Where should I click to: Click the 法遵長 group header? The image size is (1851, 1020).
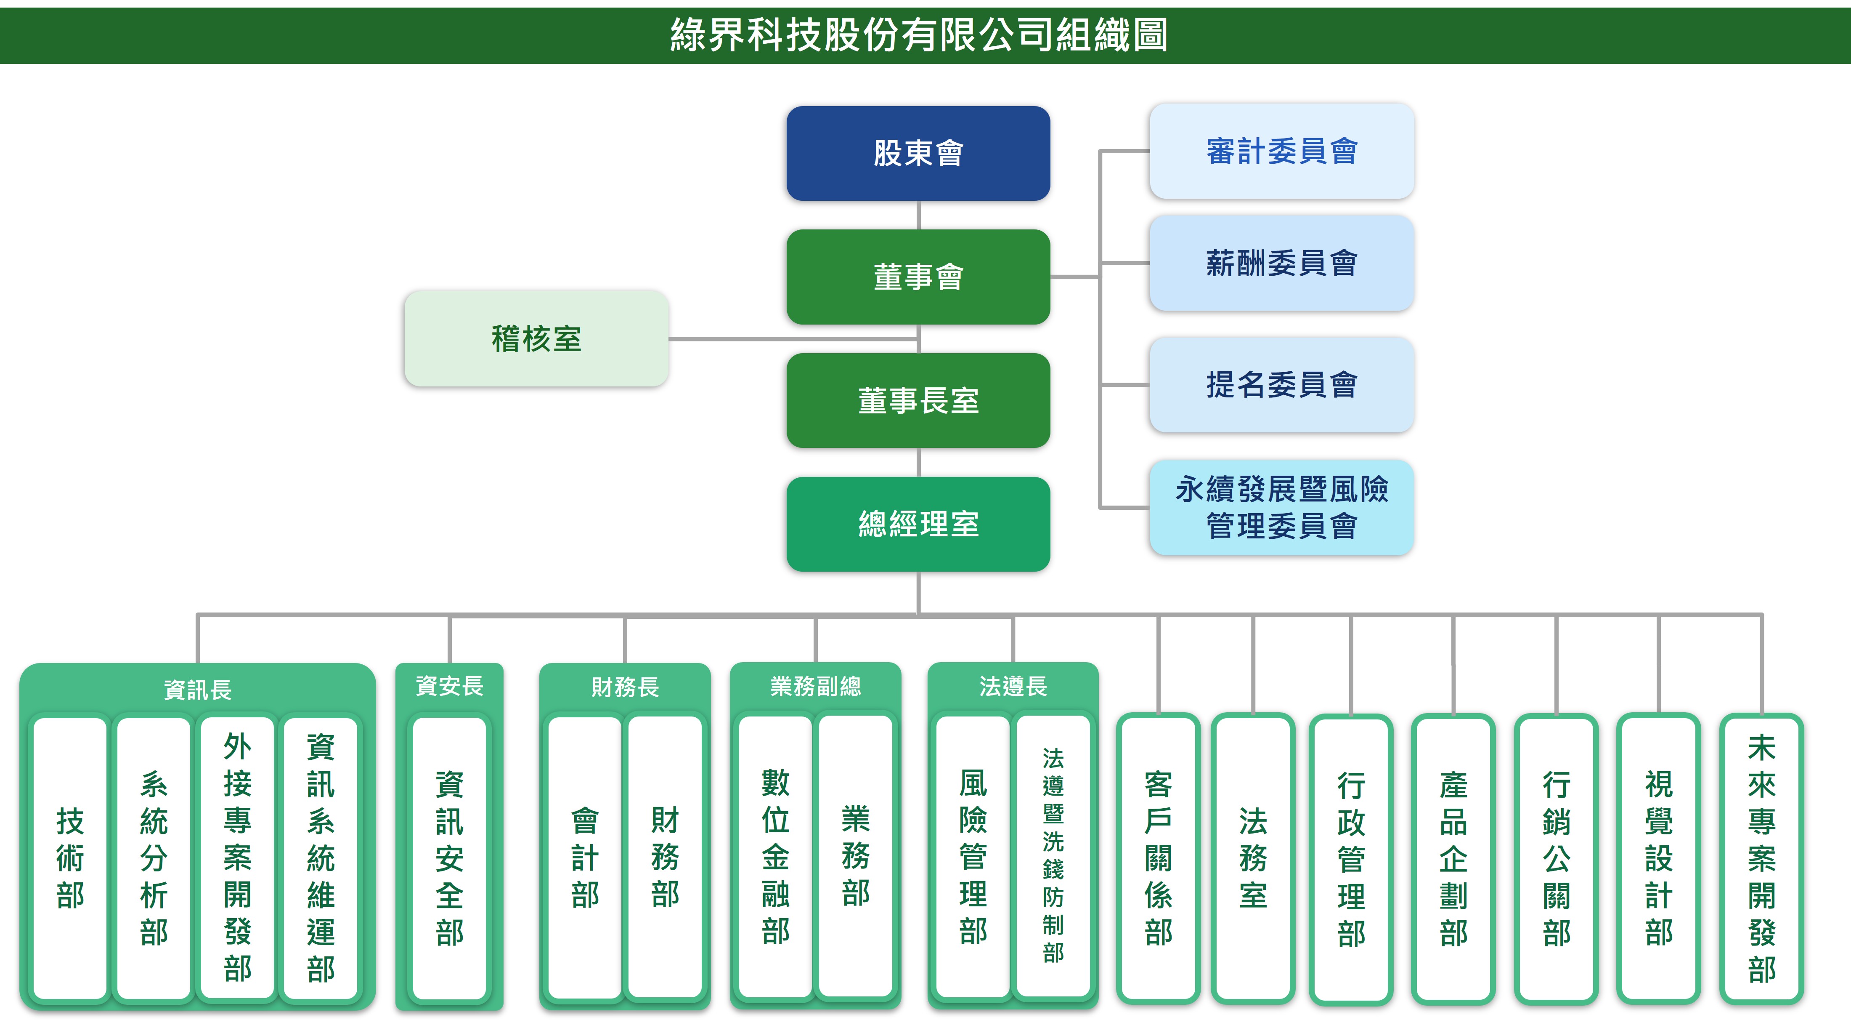pos(1013,687)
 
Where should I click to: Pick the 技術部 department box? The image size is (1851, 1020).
pos(70,858)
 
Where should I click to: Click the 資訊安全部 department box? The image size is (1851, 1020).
pos(449,858)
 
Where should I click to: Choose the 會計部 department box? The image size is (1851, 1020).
pos(584,858)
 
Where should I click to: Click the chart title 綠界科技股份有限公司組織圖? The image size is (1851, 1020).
pos(918,35)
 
